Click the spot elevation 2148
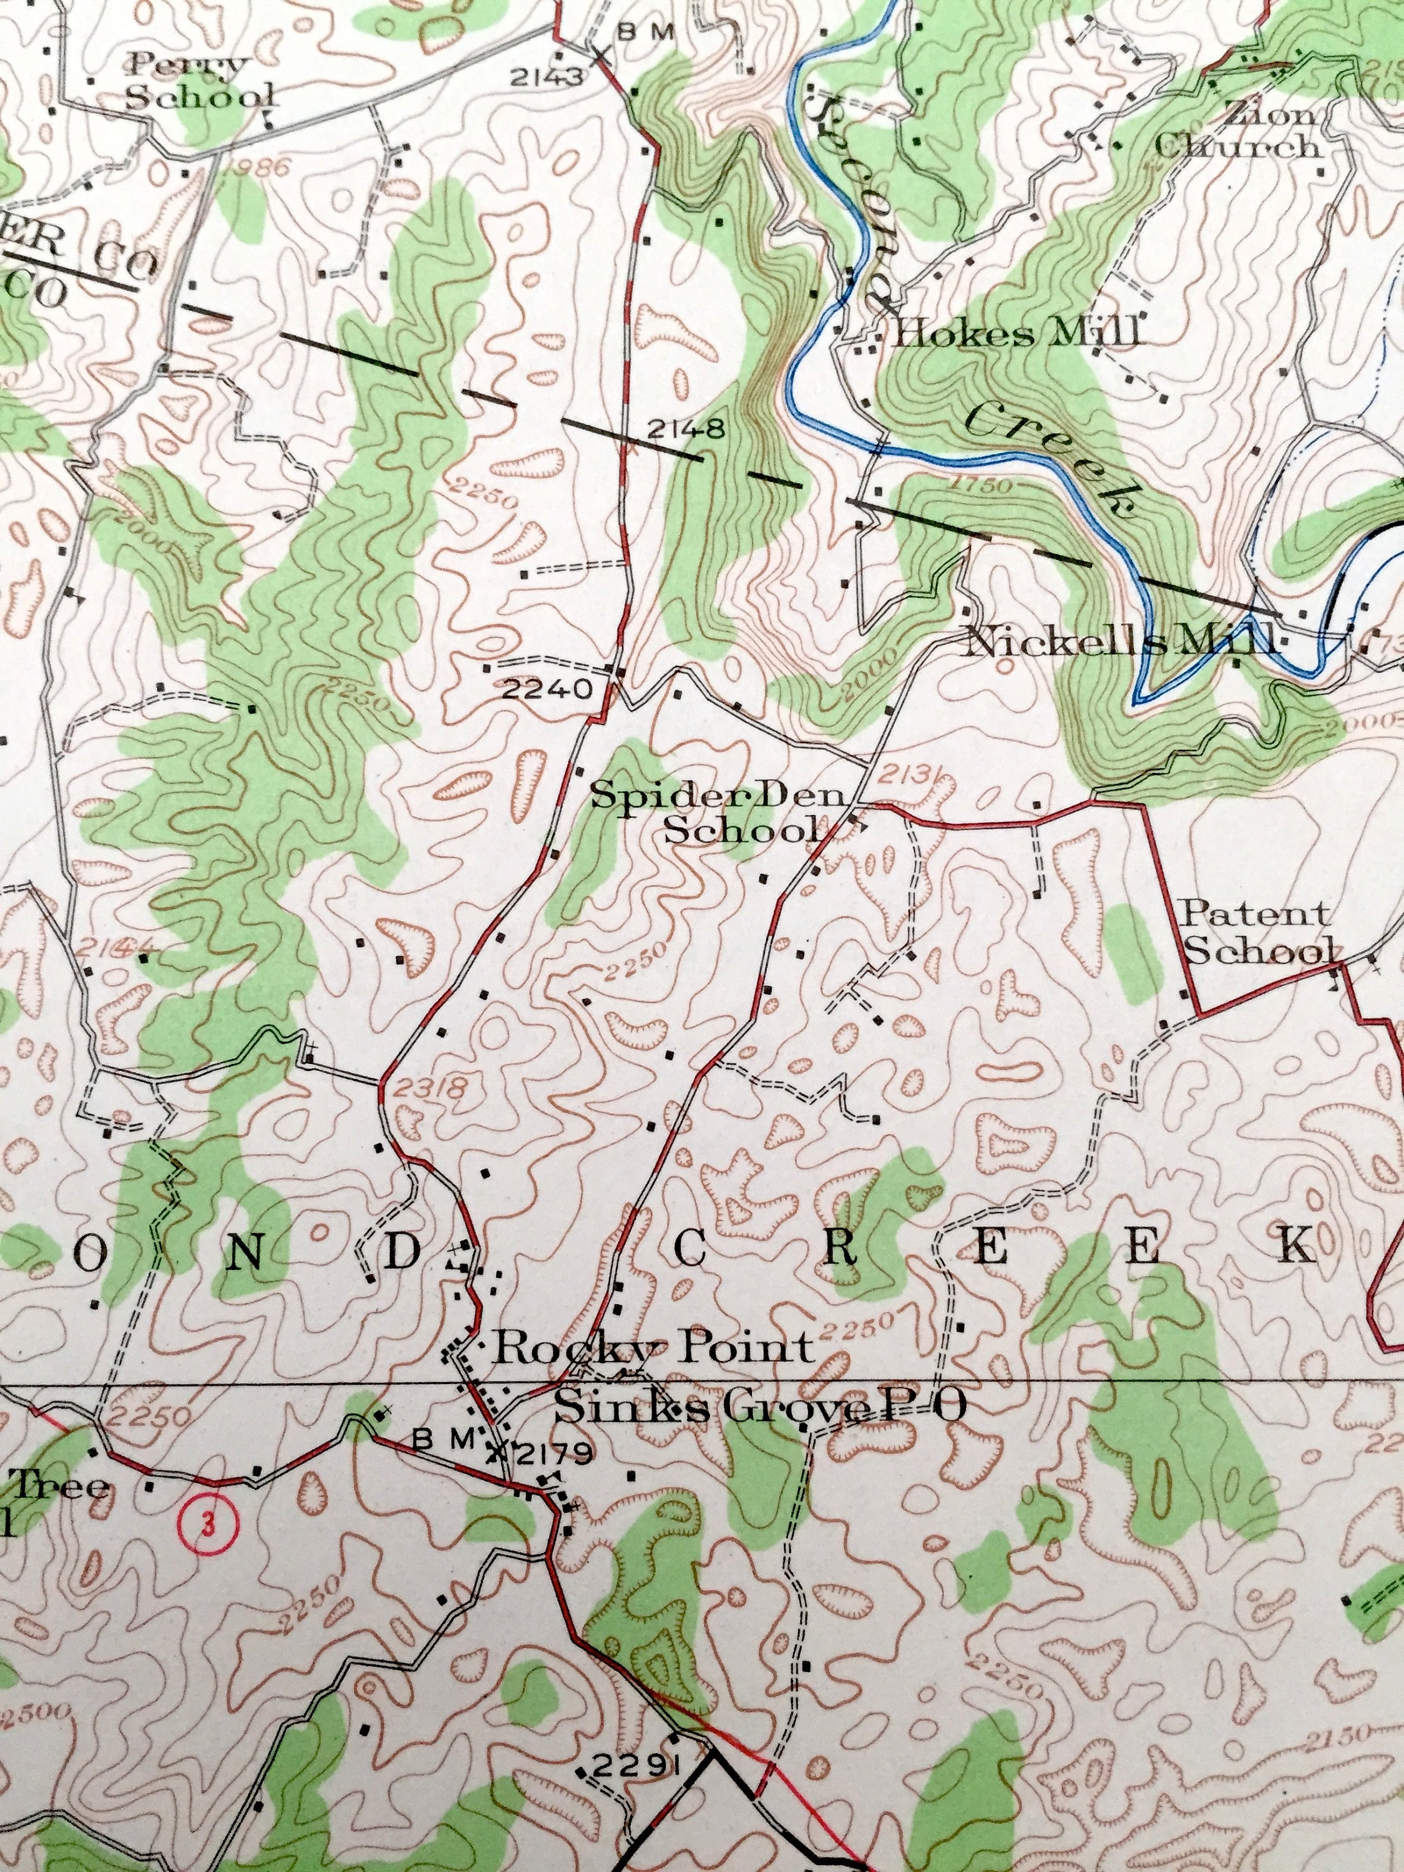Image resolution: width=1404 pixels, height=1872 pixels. (686, 430)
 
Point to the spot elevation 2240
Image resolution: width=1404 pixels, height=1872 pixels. (546, 689)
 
